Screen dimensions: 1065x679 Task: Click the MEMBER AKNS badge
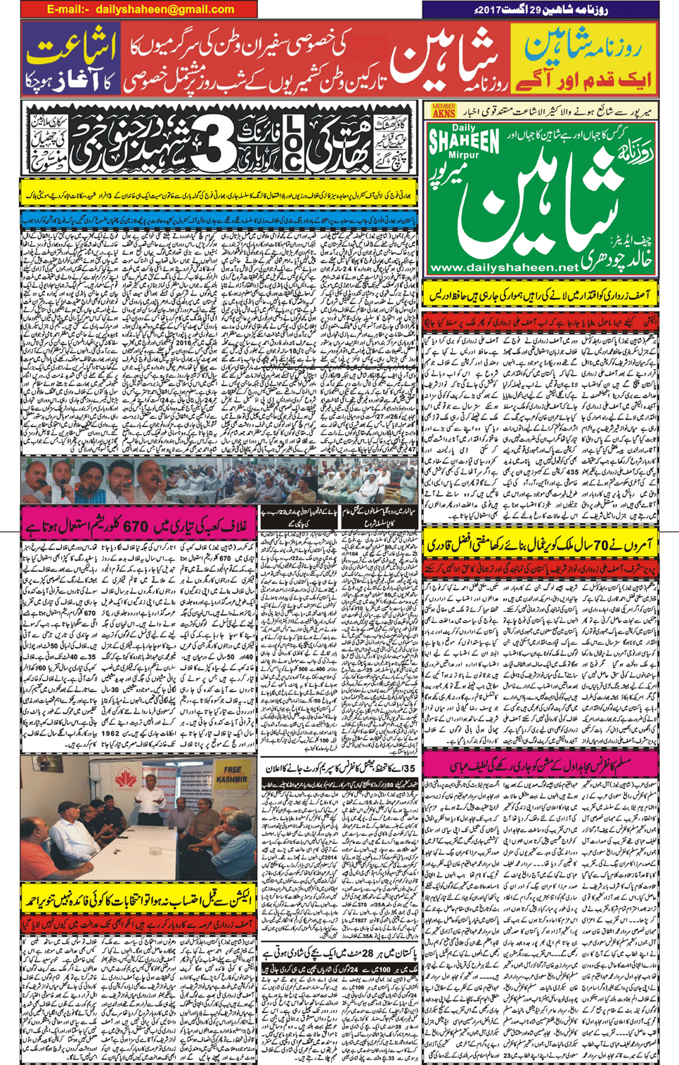[x=444, y=110]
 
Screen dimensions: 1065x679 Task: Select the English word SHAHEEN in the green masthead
[x=465, y=141]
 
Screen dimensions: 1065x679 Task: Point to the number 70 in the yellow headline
[x=596, y=545]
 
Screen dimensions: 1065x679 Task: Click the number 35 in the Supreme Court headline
[x=417, y=767]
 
